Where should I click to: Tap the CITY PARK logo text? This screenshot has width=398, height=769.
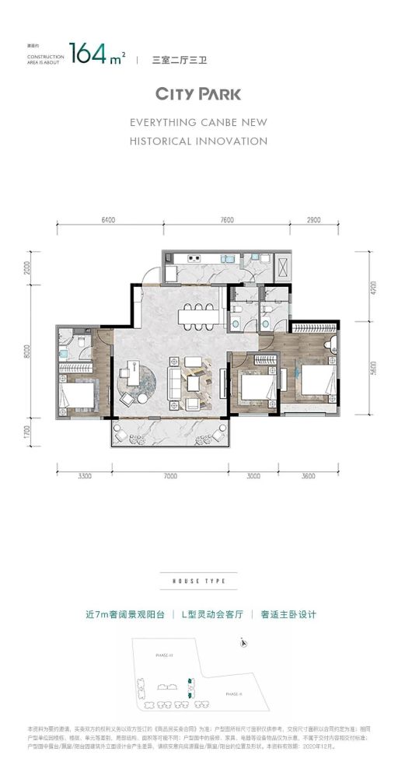coord(199,95)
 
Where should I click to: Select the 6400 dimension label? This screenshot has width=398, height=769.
coord(108,220)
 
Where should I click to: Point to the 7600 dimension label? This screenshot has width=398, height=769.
coord(226,220)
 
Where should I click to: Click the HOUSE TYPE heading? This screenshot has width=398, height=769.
coord(199,581)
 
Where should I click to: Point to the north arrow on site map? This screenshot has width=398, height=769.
coord(244,642)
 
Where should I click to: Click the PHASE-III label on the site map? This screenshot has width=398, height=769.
coord(164,655)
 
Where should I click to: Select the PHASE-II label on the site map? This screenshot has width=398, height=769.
coord(234,693)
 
